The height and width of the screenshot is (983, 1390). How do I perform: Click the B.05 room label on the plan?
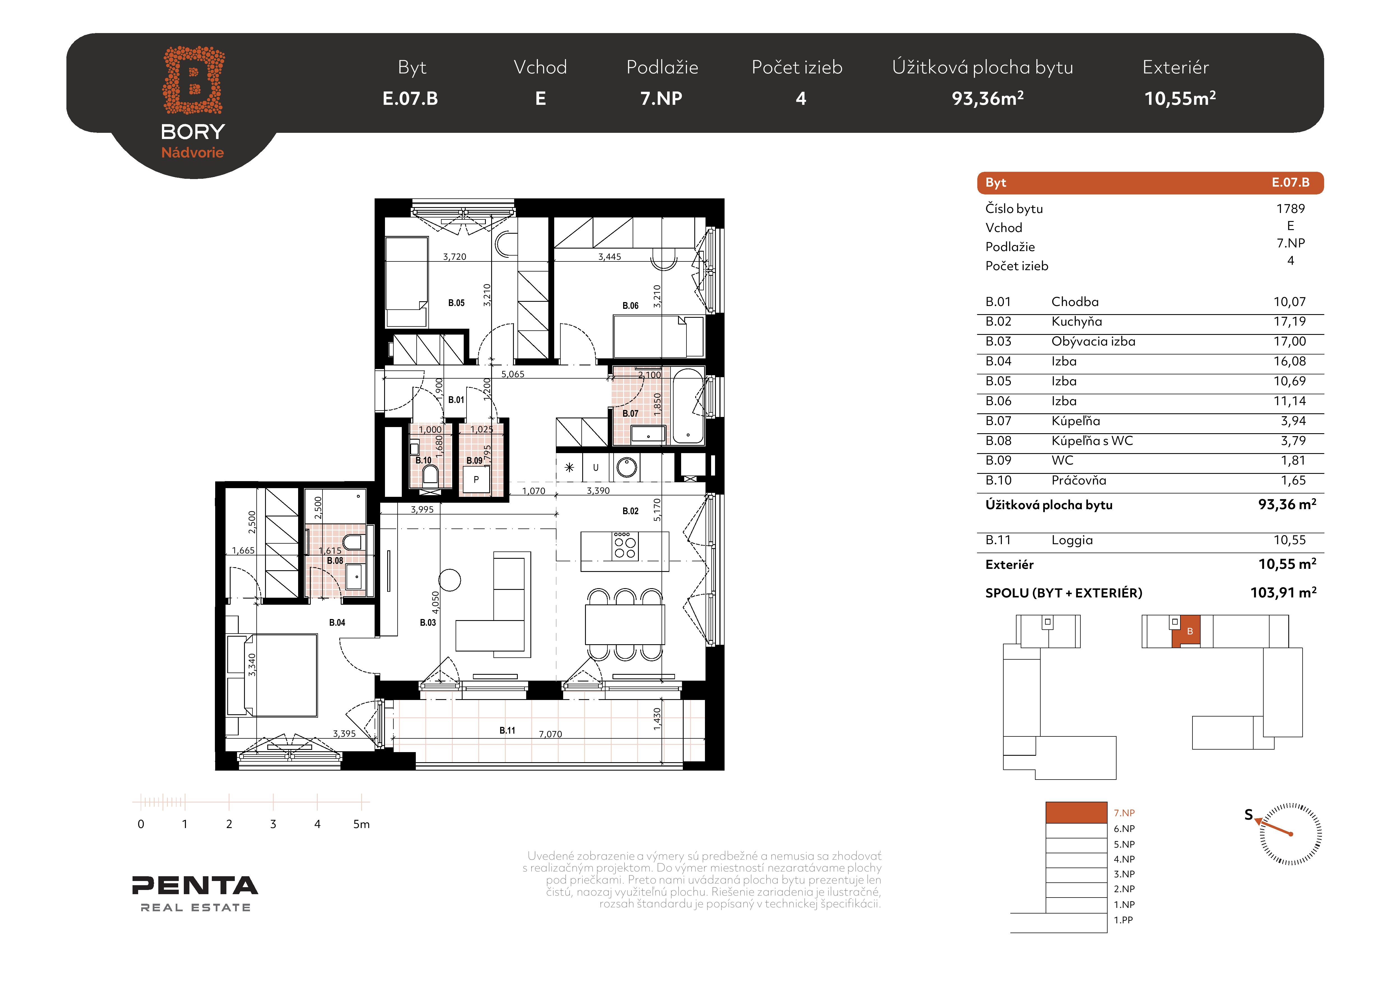tap(456, 303)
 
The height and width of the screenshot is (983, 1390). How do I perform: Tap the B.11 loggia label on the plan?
tap(507, 731)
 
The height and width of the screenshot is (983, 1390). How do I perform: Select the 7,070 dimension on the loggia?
tap(550, 734)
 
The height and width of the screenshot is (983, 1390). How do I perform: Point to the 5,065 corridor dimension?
tap(513, 374)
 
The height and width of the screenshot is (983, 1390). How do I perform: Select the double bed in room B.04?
tap(272, 675)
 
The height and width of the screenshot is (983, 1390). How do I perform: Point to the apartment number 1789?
tap(1291, 209)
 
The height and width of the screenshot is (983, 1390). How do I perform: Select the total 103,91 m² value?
tap(1284, 593)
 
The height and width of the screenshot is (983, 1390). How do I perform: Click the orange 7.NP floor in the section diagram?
tap(1076, 812)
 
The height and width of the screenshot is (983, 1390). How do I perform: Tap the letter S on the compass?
tap(1248, 815)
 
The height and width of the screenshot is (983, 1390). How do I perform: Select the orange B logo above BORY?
tap(193, 80)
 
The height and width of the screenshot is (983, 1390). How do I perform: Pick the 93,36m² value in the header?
tap(987, 98)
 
